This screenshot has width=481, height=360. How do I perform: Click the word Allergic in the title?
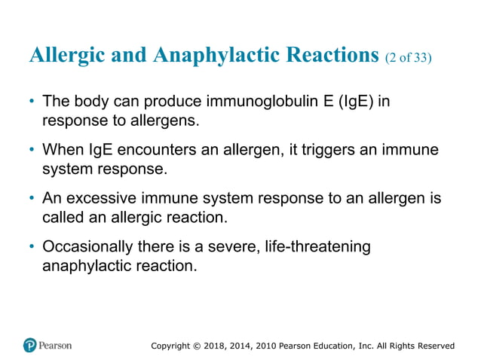64,55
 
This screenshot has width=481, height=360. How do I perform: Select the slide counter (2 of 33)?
408,57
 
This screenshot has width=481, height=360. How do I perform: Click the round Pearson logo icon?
30,346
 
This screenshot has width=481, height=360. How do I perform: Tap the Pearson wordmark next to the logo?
56,346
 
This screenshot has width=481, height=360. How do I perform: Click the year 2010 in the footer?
262,346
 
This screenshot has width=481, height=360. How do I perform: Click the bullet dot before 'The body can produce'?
31,102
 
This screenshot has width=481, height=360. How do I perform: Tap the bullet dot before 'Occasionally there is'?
31,249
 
